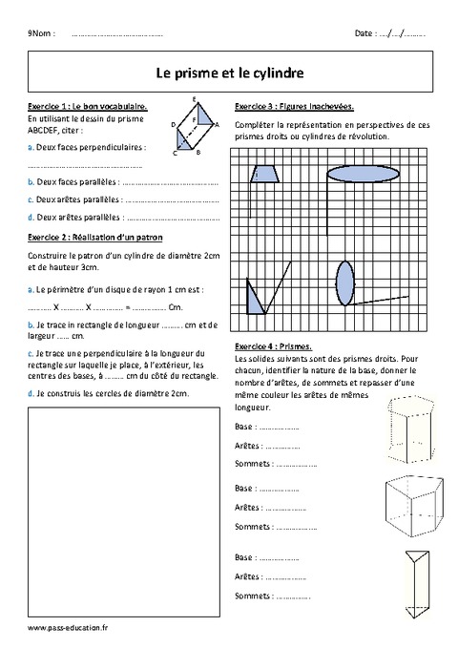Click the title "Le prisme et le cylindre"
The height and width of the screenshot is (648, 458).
click(229, 71)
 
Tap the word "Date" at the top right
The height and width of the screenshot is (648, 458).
click(364, 33)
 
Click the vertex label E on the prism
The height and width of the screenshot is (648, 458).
click(195, 99)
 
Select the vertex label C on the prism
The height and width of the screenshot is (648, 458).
click(175, 153)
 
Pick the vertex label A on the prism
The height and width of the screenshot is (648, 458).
click(218, 124)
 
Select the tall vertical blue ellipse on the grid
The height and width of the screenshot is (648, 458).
click(344, 283)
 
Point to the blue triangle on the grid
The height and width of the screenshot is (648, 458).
click(255, 300)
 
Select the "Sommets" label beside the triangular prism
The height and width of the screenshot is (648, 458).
click(252, 597)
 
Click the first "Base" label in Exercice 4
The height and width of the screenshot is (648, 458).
click(244, 428)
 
